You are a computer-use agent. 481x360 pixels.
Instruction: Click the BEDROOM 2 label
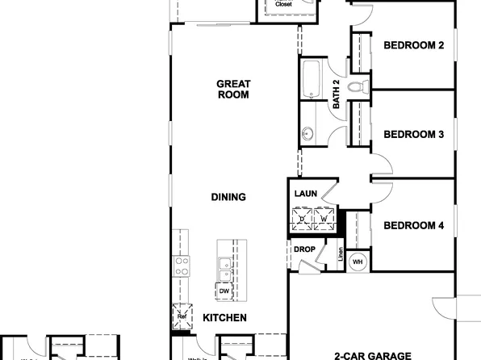(413, 45)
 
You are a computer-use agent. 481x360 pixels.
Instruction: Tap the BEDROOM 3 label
(413, 135)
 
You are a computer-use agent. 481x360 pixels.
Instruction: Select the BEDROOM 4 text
(413, 225)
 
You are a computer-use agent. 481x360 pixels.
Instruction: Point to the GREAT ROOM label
(233, 89)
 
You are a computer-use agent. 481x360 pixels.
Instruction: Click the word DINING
(228, 197)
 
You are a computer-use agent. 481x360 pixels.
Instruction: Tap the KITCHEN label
(224, 318)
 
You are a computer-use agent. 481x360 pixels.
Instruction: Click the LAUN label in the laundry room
(305, 194)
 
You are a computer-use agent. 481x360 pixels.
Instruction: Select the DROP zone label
(304, 249)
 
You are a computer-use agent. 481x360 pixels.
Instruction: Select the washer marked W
(324, 218)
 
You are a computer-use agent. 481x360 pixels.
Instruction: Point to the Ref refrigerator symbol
(182, 316)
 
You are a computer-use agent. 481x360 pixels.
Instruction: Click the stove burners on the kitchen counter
(182, 266)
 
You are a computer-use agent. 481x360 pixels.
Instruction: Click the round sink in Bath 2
(308, 134)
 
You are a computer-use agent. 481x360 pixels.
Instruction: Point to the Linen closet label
(341, 256)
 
